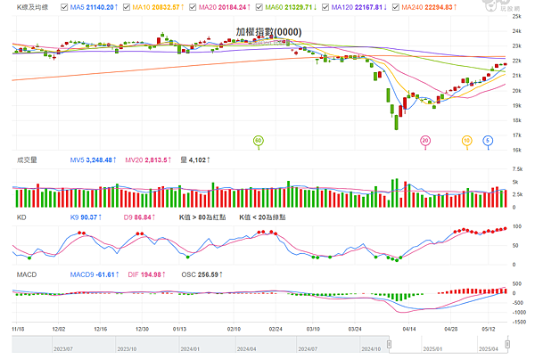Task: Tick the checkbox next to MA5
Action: [x=64, y=7]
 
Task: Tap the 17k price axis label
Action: [x=515, y=135]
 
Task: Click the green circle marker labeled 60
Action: [x=259, y=140]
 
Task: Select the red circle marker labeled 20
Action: [x=425, y=140]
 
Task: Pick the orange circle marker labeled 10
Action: [x=466, y=140]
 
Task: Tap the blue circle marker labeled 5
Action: [x=488, y=140]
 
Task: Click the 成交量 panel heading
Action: [x=27, y=160]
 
